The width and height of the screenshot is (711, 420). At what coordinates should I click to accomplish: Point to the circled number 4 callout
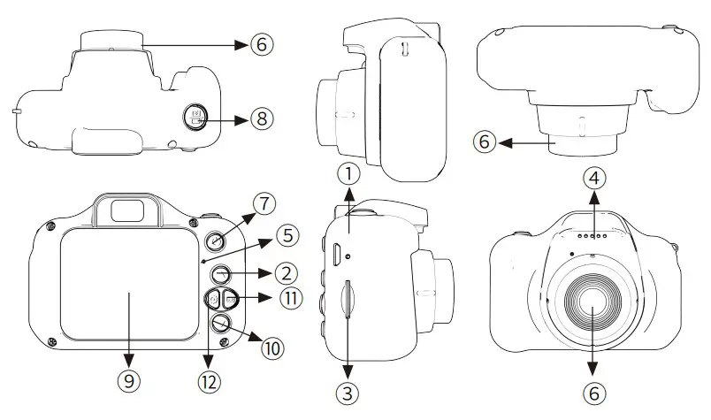click(595, 177)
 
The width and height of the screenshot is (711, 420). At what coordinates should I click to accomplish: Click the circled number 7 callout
click(264, 203)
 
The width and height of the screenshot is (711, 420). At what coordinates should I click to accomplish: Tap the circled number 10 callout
click(271, 347)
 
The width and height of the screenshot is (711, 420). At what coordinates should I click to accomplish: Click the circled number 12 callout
click(210, 382)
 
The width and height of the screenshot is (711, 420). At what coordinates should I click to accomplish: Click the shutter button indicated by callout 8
click(195, 116)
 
